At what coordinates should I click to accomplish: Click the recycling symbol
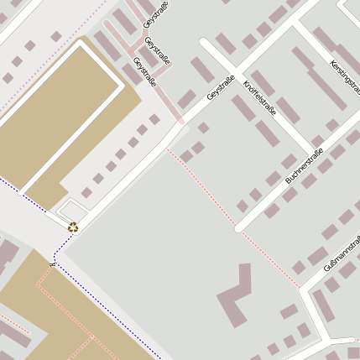click(73, 226)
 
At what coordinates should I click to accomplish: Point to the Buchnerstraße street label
click(305, 165)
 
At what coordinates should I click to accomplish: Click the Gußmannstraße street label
click(343, 253)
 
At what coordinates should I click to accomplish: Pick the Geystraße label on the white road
click(220, 89)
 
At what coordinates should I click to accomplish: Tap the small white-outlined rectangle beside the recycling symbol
click(73, 210)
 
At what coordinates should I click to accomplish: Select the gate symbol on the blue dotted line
click(53, 263)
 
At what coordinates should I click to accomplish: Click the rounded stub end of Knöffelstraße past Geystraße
click(205, 41)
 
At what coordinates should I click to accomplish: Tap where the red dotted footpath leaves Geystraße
click(167, 149)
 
